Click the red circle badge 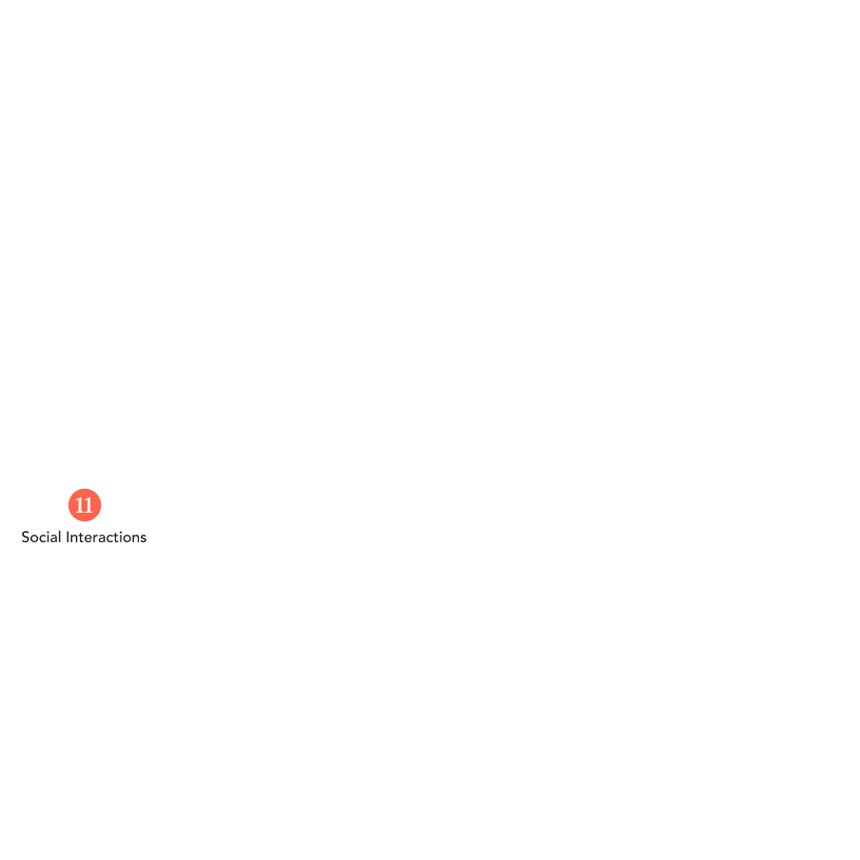85,505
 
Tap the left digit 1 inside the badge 80,505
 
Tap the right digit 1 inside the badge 88,505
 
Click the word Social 41,537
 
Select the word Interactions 107,537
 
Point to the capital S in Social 26,537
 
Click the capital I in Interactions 68,537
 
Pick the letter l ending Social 60,537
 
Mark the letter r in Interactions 96,538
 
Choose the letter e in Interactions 88,538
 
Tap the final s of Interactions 143,538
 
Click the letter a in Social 53,538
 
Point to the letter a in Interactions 103,538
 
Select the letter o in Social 34,538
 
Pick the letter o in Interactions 127,538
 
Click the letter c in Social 43,538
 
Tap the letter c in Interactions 110,538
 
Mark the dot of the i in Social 48,532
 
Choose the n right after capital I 74,538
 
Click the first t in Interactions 81,537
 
